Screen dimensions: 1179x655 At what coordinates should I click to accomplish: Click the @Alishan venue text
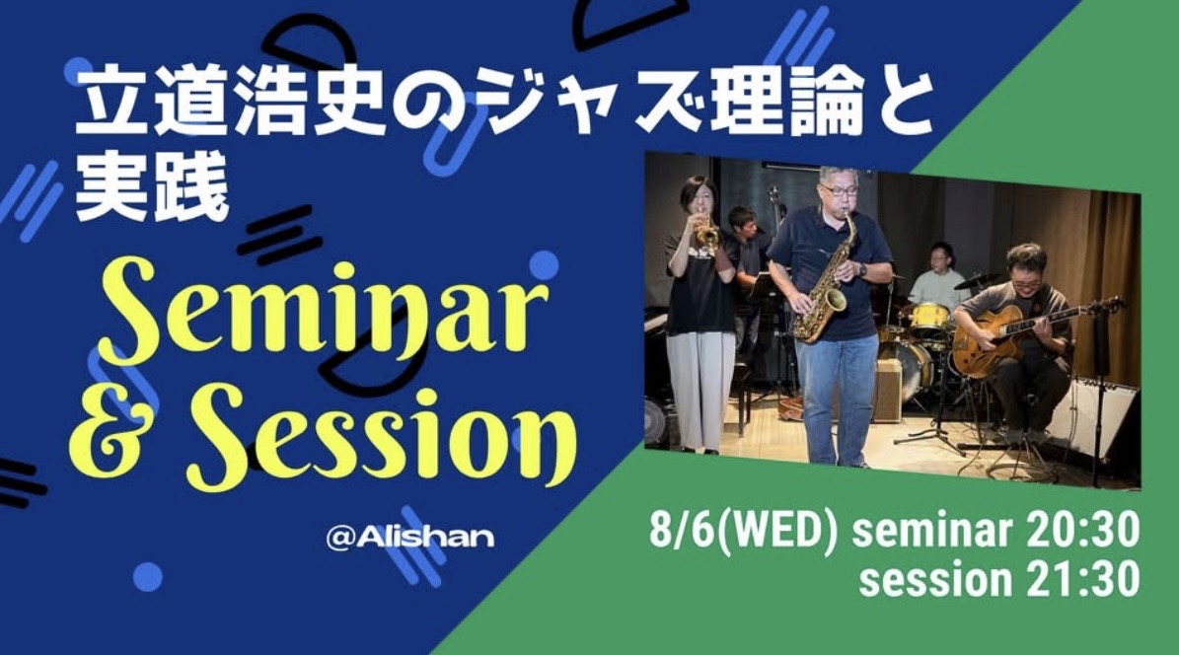[409, 537]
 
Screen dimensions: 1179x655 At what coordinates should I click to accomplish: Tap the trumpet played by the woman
[706, 234]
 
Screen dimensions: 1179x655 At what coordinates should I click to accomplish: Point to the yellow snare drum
[930, 319]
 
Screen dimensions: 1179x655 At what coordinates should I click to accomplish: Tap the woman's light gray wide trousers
[700, 391]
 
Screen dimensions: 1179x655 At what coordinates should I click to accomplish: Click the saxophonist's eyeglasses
[839, 190]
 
